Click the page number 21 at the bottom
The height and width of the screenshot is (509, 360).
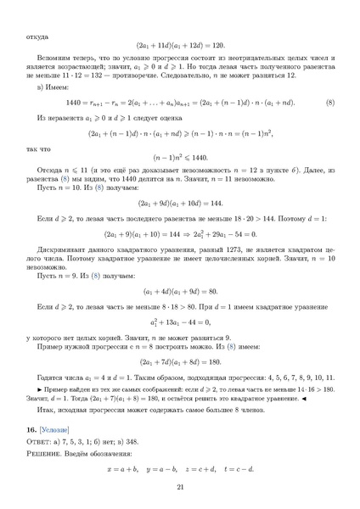180,486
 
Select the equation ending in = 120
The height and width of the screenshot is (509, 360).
180,48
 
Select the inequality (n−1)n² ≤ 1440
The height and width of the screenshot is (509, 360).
180,159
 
